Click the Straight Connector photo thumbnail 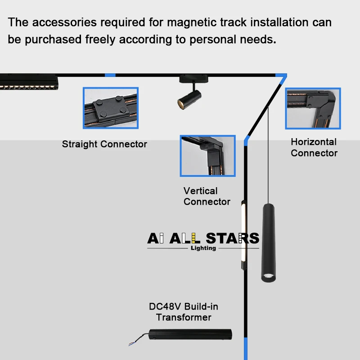[111, 108]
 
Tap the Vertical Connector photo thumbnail [207, 156]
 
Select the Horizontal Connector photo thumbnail [313, 108]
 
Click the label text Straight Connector [104, 144]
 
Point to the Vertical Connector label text [207, 196]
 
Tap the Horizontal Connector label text [314, 147]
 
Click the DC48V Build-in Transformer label [184, 312]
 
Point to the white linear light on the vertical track [243, 234]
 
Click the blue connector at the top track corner [280, 79]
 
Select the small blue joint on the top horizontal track [110, 75]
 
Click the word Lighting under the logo [203, 248]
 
